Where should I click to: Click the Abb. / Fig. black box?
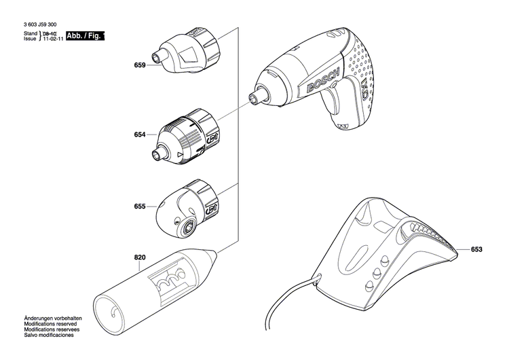[88, 36]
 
